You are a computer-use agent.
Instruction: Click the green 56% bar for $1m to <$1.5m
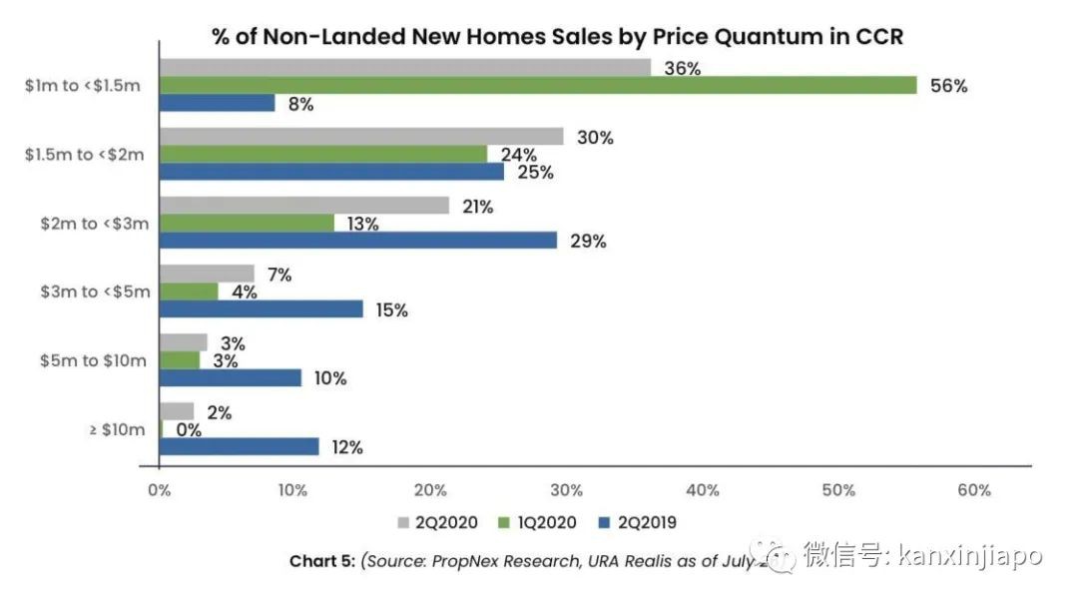[x=538, y=85]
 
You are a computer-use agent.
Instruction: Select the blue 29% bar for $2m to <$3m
[x=358, y=241]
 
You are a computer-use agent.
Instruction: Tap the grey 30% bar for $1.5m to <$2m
[x=361, y=137]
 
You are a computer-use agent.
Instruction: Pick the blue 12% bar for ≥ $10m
[x=240, y=446]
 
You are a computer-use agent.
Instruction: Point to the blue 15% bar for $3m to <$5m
[x=262, y=309]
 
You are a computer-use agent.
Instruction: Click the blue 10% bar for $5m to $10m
[x=231, y=377]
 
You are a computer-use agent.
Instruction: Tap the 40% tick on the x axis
[x=703, y=490]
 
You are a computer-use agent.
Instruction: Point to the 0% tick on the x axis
[x=160, y=490]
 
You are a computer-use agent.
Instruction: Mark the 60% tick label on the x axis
[x=974, y=490]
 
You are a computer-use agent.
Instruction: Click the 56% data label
[x=948, y=86]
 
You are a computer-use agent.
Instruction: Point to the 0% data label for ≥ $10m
[x=189, y=430]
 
